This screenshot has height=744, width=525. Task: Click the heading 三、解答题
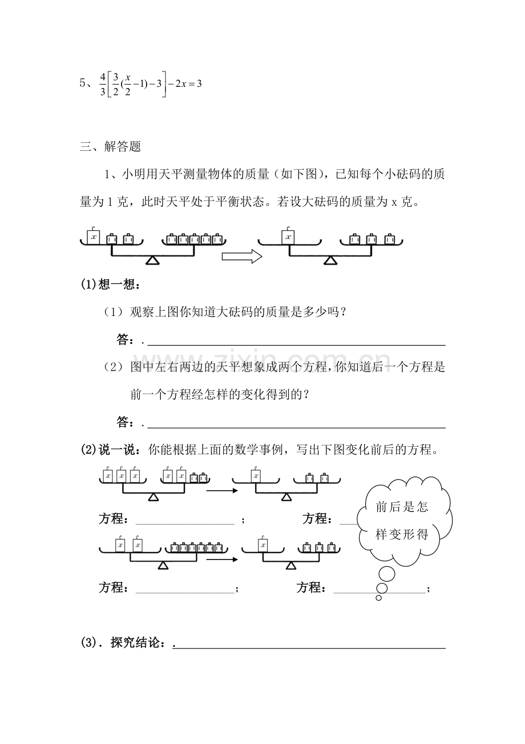tap(110, 147)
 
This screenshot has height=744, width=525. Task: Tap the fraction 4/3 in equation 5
tap(103, 83)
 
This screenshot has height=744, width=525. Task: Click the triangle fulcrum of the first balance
tap(152, 261)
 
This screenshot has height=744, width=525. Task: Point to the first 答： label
tap(125, 341)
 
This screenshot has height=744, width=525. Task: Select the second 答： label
tap(125, 422)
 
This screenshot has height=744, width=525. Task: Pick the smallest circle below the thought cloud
tap(378, 598)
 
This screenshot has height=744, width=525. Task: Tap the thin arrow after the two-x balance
tap(221, 559)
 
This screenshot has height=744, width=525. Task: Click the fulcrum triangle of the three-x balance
tap(153, 498)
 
